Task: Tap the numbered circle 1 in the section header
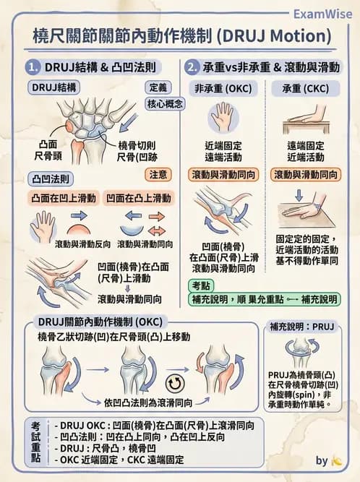[x=33, y=68]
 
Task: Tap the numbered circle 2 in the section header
[x=192, y=68]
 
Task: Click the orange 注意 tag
[x=159, y=174]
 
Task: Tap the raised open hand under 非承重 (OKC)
[x=223, y=117]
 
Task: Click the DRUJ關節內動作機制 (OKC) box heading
[x=100, y=321]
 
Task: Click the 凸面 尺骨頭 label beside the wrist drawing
[x=47, y=149]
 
